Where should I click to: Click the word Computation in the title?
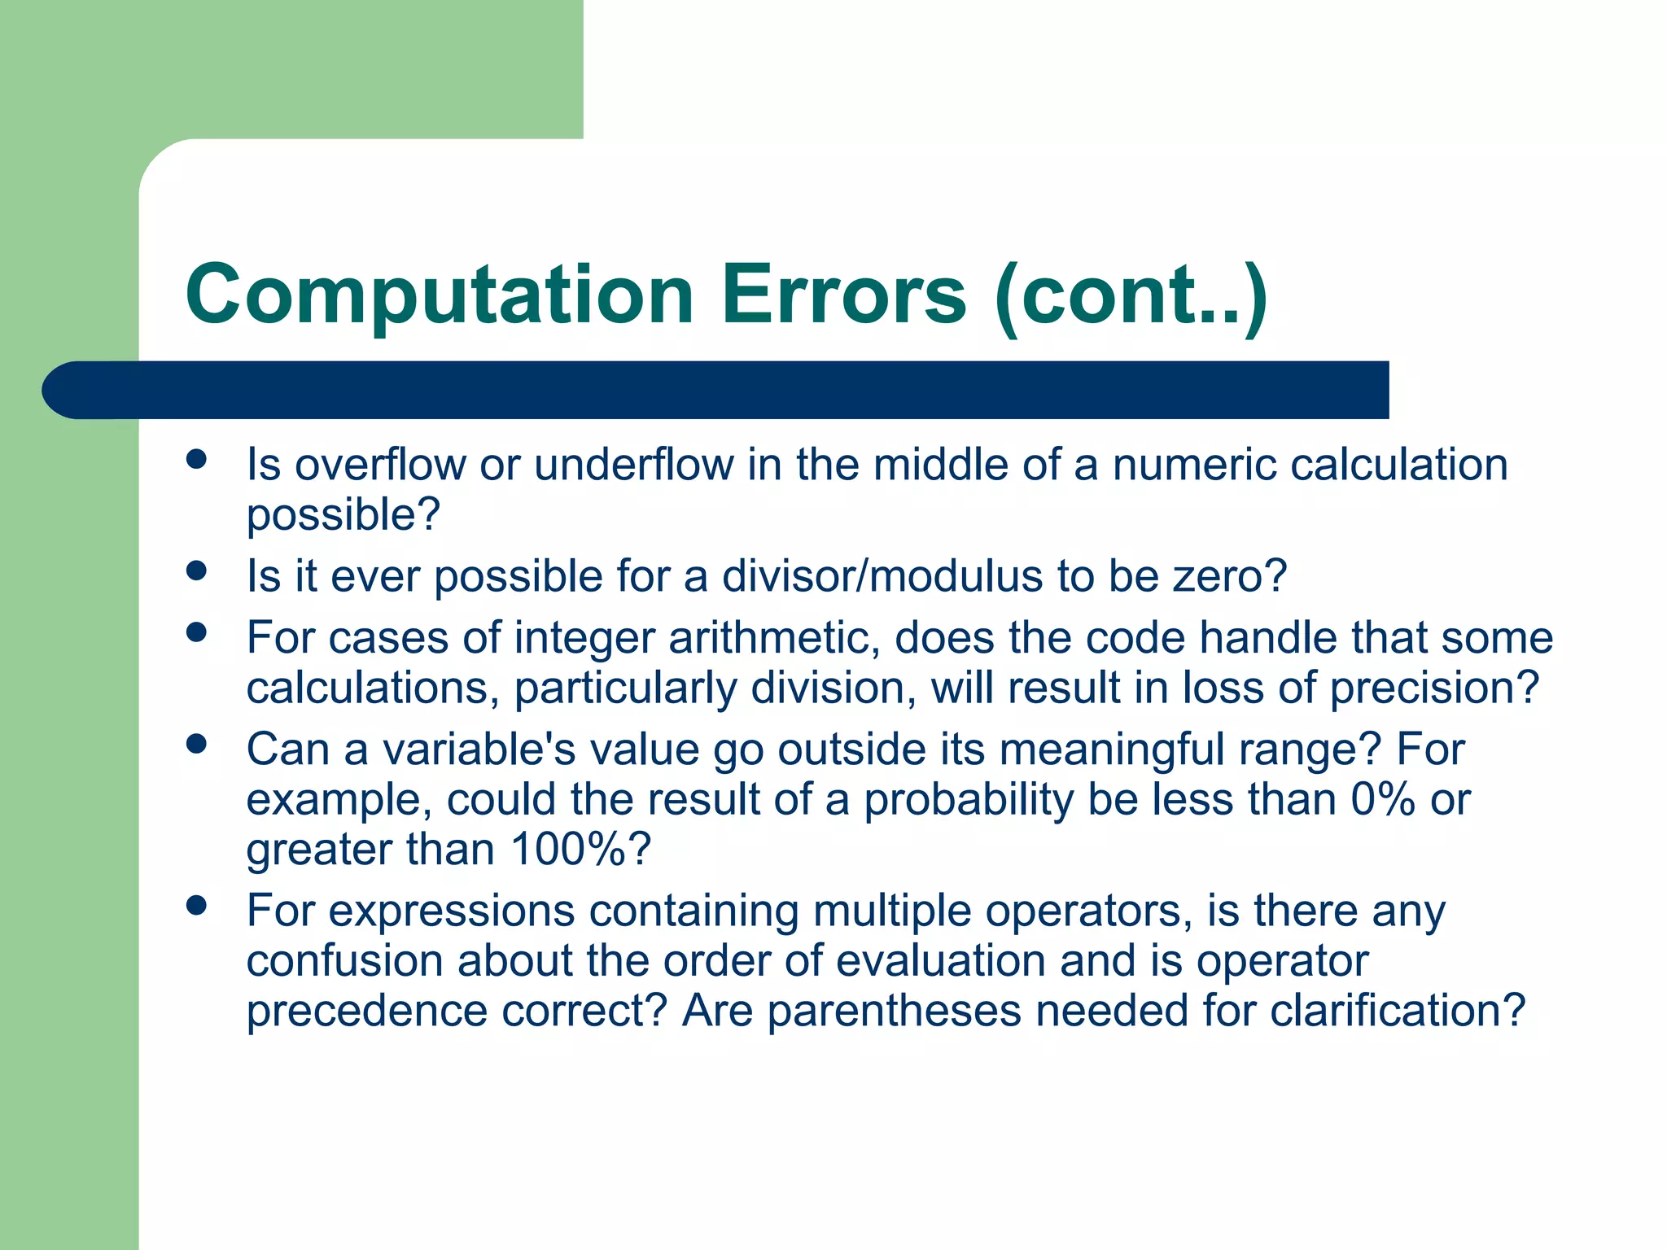click(440, 295)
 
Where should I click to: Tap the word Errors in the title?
click(844, 295)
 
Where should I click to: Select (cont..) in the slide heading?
click(1131, 295)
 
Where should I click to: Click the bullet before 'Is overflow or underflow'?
click(196, 460)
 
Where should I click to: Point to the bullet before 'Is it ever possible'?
click(196, 571)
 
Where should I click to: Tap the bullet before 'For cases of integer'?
click(196, 632)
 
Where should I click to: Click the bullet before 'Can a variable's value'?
click(196, 744)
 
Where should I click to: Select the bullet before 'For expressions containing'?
click(196, 905)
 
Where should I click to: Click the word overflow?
click(379, 465)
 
